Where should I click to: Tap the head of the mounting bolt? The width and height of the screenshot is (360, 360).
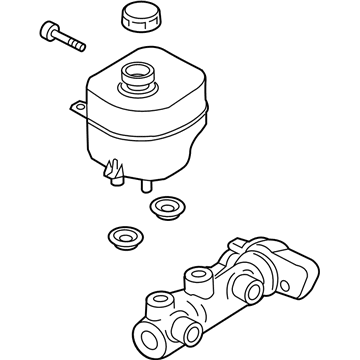[x=49, y=28]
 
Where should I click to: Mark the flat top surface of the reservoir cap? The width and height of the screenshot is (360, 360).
[x=138, y=14]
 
